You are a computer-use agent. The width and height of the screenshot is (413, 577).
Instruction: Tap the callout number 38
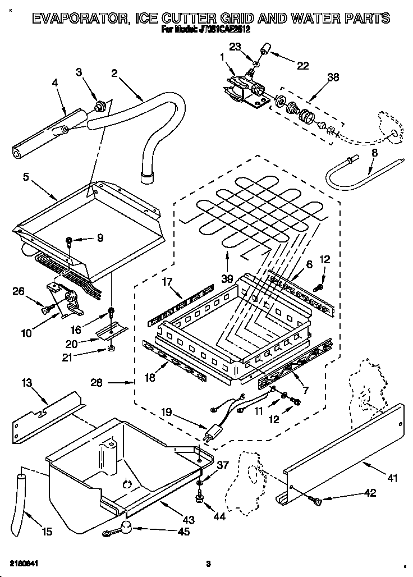(x=333, y=79)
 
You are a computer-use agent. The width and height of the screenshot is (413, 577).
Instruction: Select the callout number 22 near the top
(x=302, y=65)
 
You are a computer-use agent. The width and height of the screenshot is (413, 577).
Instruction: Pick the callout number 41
(x=392, y=478)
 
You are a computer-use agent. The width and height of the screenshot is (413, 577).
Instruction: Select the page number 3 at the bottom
(x=208, y=564)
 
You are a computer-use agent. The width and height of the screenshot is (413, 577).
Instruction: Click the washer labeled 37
(x=200, y=482)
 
